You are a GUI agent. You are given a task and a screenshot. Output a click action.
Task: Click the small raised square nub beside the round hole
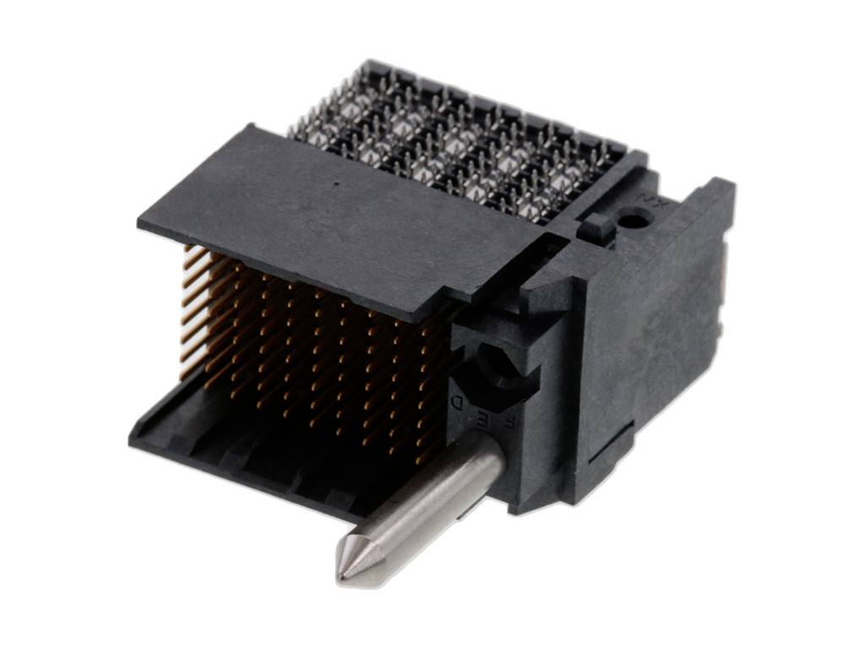coord(596,226)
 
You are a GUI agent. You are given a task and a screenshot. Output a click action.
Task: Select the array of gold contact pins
coord(321,346)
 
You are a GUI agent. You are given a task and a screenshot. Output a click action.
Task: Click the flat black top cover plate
coord(338,220)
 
